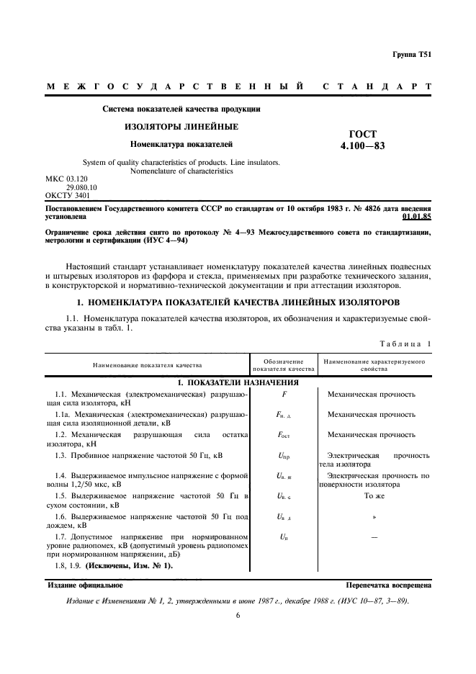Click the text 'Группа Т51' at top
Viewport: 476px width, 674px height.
[x=411, y=55]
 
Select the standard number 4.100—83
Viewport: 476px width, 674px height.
[x=363, y=145]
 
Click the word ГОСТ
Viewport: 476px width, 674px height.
[x=363, y=133]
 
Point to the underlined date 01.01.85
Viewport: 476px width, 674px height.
[x=417, y=215]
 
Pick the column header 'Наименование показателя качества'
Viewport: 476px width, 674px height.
[x=147, y=365]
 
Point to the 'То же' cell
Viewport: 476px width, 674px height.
[x=374, y=496]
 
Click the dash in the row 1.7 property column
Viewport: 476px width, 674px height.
[x=374, y=537]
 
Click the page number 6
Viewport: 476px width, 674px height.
[x=238, y=616]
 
